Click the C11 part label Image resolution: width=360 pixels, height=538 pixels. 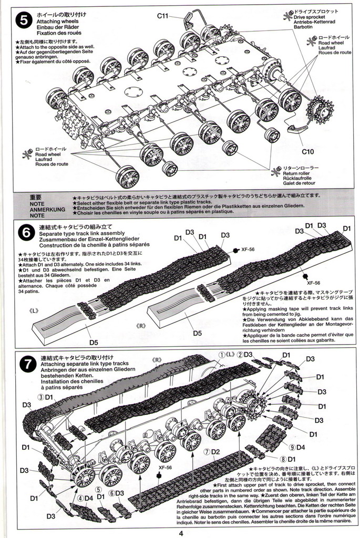(162, 16)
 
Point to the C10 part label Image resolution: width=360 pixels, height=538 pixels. (308, 152)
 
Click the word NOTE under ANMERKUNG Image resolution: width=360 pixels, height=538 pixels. (37, 215)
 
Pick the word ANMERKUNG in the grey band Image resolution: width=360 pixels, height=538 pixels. (47, 209)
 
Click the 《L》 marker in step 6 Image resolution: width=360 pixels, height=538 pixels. (35, 311)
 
